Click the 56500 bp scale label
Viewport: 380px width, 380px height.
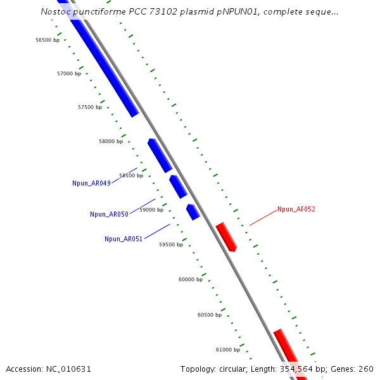click(x=47, y=40)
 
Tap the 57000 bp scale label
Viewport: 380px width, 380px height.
click(x=69, y=74)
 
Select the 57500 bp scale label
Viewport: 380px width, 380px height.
click(x=90, y=108)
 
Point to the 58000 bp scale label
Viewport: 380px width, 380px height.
click(x=111, y=142)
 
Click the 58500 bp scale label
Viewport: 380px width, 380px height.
click(x=131, y=175)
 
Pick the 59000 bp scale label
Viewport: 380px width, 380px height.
click(x=151, y=210)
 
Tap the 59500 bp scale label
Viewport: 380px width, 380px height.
click(x=171, y=244)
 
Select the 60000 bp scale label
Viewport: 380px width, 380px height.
click(x=191, y=279)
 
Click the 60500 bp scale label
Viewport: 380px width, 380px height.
click(x=210, y=315)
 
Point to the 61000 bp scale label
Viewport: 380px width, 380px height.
click(x=228, y=350)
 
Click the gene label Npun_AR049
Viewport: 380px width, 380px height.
click(x=92, y=184)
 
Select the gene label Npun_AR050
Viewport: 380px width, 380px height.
click(x=109, y=215)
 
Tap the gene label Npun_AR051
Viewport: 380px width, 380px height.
click(x=123, y=239)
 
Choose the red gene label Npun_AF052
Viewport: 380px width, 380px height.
click(x=296, y=209)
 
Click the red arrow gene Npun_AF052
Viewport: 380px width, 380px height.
click(x=226, y=237)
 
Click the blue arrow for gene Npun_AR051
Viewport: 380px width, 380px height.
click(x=193, y=212)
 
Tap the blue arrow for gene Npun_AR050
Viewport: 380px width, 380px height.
click(x=178, y=187)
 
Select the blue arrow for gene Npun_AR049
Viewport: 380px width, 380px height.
click(x=160, y=155)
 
